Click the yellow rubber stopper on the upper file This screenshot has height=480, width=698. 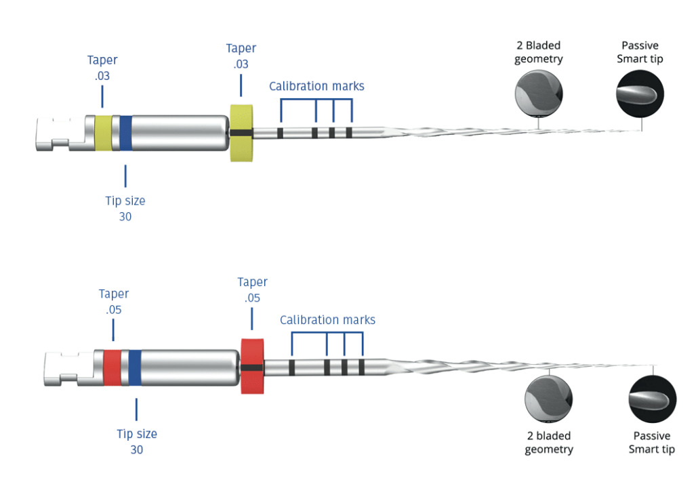click(241, 133)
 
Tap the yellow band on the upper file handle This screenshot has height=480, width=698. click(103, 132)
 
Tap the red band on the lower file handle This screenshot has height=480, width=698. click(112, 367)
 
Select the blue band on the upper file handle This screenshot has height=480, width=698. click(125, 132)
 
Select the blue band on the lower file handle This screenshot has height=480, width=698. click(135, 367)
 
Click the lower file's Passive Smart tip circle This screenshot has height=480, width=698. click(652, 398)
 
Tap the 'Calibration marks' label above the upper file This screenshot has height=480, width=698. click(316, 86)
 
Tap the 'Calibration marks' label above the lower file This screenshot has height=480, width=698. click(327, 320)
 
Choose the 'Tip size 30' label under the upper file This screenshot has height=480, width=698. click(125, 209)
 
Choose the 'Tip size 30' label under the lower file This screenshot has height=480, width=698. click(136, 441)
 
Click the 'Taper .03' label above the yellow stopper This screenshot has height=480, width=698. click(241, 56)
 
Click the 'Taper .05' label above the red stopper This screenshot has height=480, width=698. click(252, 289)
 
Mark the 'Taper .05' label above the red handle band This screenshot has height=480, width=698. click(113, 302)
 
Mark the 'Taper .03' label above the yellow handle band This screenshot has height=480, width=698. click(102, 68)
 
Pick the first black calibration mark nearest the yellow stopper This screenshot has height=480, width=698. click(280, 133)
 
